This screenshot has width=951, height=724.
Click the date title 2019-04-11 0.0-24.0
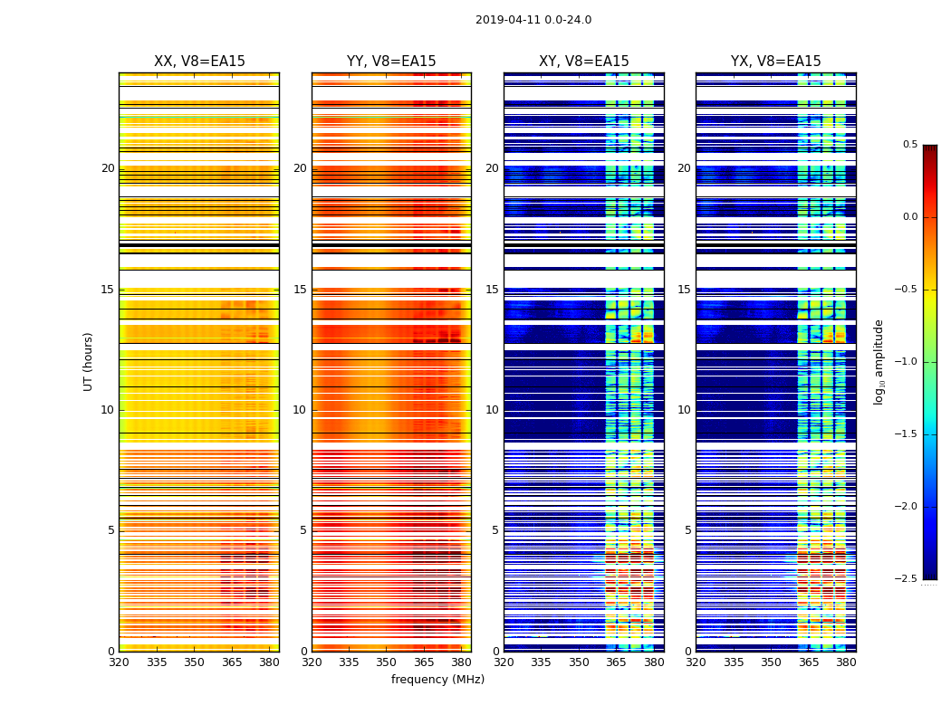533,20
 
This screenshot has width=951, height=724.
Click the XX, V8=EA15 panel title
199,62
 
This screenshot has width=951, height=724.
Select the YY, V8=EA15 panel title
391,62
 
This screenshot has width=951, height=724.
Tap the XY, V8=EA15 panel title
583,62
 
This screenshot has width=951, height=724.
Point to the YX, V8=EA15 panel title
775,62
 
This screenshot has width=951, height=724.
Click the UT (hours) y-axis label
89,361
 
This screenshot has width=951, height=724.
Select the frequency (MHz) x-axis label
437,680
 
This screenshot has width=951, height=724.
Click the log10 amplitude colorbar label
879,361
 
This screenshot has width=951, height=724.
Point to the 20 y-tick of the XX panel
108,168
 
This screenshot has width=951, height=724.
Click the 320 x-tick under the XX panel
119,662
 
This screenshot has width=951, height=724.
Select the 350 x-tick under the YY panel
386,662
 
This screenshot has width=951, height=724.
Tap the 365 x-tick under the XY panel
616,662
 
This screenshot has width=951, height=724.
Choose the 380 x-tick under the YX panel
846,662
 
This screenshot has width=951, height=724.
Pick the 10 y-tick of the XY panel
492,410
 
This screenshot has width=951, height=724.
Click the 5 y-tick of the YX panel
687,530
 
